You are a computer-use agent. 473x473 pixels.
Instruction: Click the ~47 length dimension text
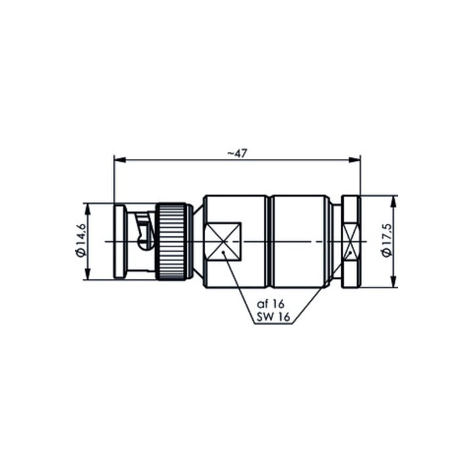[x=236, y=154]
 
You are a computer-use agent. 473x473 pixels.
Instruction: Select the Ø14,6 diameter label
[x=81, y=240]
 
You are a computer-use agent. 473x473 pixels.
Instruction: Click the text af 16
[x=270, y=304]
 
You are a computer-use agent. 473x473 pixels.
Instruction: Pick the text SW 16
[x=273, y=317]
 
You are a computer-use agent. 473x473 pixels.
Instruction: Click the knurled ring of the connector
[x=172, y=242]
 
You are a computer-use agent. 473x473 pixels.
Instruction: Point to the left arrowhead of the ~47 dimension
[x=120, y=160]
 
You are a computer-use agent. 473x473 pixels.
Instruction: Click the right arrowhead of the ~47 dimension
[x=355, y=160]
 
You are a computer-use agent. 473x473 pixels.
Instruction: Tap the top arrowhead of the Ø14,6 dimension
[x=87, y=209]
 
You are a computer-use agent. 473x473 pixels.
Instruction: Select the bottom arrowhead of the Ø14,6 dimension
[x=87, y=274]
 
